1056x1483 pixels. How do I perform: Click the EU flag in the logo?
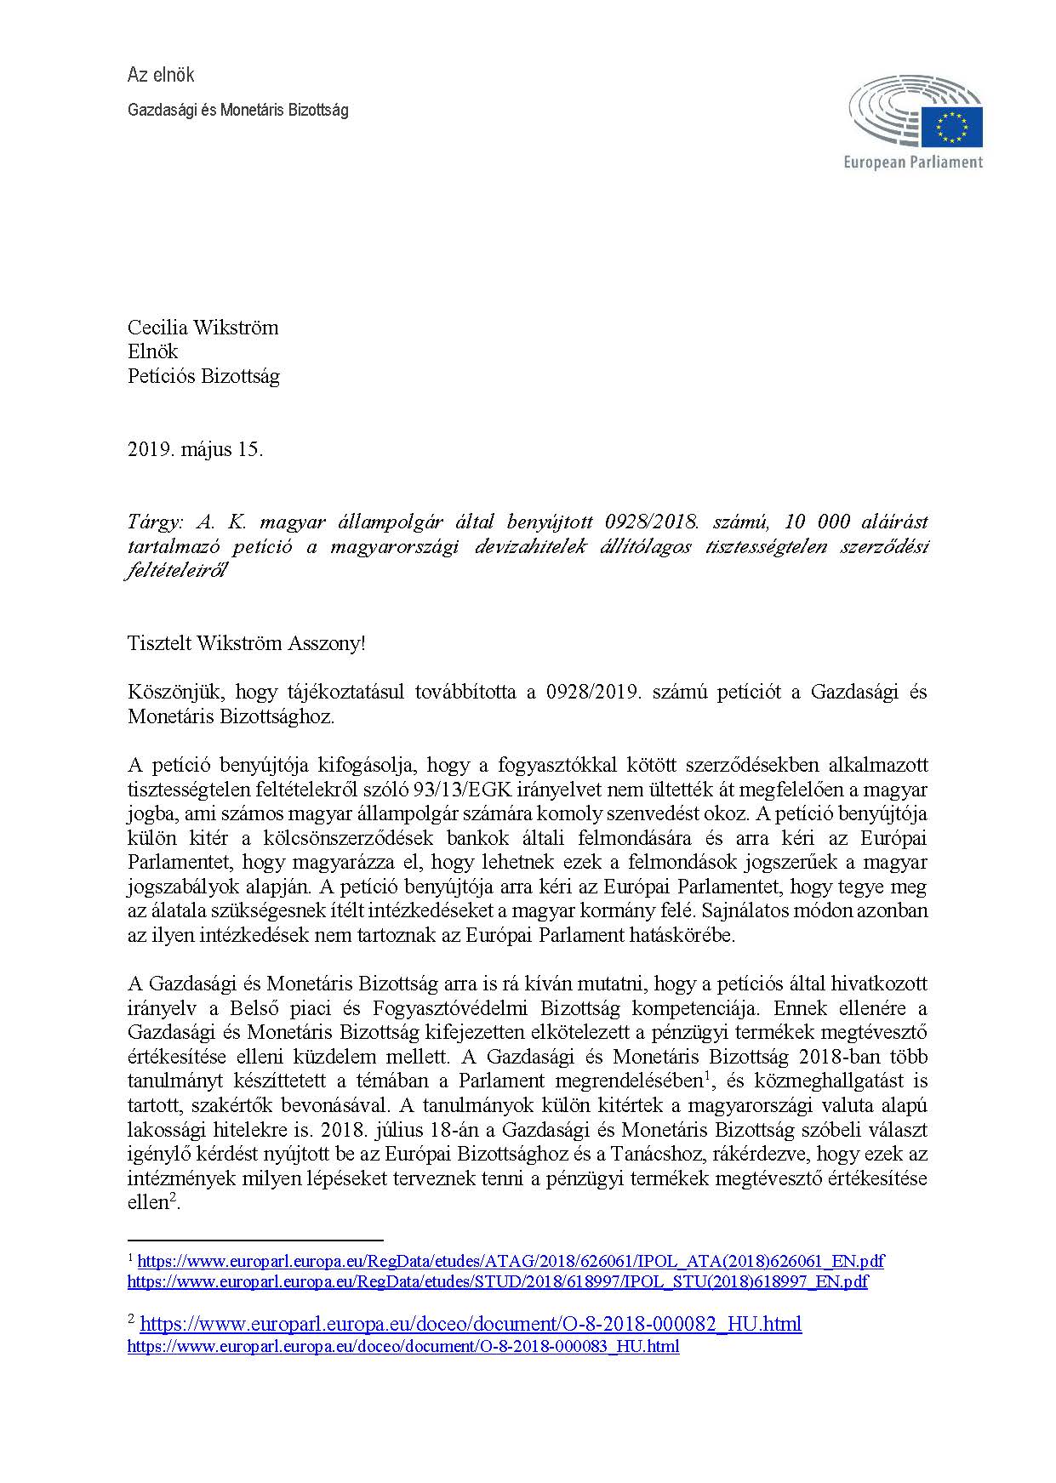951,126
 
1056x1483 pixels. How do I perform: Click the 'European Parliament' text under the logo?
913,162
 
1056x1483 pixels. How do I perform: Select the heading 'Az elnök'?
161,75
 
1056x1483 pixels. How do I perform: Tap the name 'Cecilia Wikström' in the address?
203,328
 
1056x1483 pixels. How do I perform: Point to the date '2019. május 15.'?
195,449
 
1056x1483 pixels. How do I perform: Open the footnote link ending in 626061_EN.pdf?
511,1261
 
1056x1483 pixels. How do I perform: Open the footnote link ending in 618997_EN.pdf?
498,1281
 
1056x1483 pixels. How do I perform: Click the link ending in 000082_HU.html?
471,1323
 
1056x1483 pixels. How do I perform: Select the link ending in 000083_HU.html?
403,1346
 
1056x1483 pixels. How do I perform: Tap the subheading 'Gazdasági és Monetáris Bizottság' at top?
237,110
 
